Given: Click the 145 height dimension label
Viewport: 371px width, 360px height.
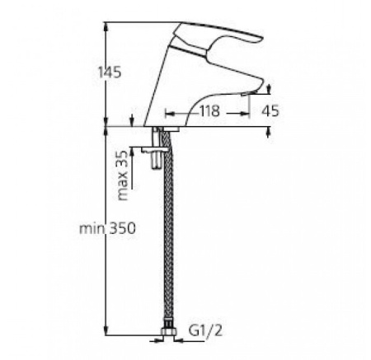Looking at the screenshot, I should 108,72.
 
